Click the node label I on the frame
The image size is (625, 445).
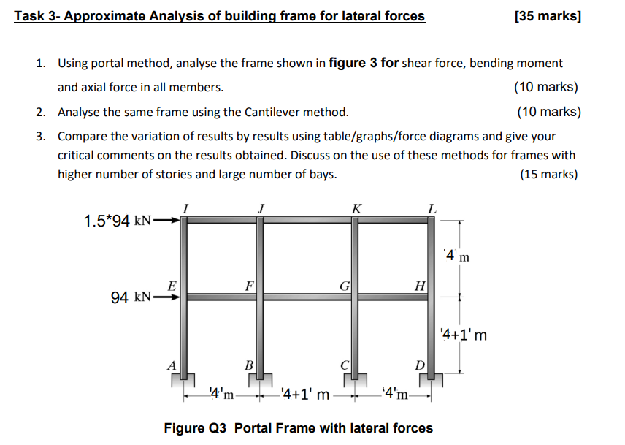point(186,208)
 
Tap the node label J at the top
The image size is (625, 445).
point(261,208)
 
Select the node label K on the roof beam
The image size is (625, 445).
point(356,208)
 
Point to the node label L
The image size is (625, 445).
point(432,208)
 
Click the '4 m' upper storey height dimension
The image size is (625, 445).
point(458,256)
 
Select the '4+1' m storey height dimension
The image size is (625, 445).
point(463,335)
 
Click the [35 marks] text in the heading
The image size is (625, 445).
point(548,15)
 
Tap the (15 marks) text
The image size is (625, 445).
point(548,174)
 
